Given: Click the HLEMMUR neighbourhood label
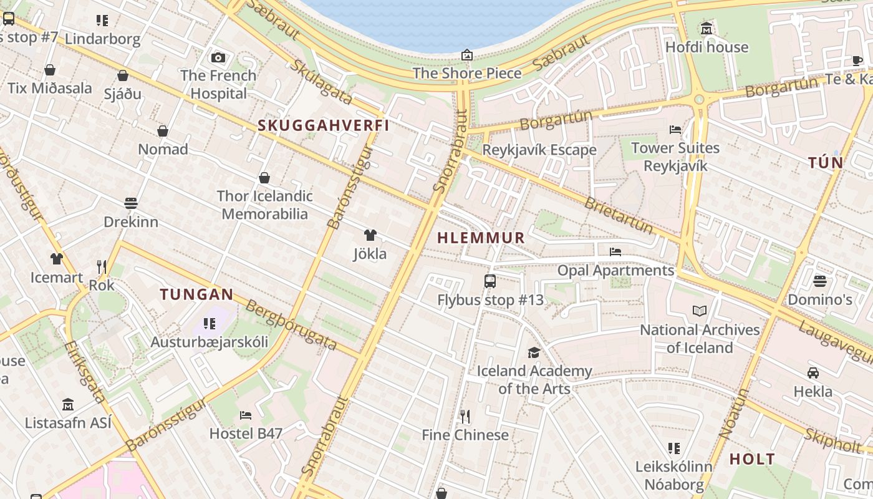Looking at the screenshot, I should pos(481,238).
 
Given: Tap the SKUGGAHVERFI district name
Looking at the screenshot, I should pos(324,125).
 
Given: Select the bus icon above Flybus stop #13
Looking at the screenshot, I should pos(490,281).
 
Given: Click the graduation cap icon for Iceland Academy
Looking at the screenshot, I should pos(534,353).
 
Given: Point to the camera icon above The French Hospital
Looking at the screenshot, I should pos(218,58).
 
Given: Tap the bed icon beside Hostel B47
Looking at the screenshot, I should pos(246,415).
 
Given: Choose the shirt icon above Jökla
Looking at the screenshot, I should pos(370,235).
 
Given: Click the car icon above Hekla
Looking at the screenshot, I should pos(813,373).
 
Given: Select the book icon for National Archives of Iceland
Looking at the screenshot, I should pos(700,311).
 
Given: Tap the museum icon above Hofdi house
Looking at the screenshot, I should pos(707,29).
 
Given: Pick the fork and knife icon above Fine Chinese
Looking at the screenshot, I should pos(465,416).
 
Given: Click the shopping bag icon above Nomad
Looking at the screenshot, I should pos(163,131).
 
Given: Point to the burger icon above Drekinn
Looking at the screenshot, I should pos(131,203).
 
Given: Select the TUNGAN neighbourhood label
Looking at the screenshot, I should pos(196,294).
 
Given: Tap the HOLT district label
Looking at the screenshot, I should pos(752,460).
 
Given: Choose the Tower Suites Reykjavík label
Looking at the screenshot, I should pos(675,157).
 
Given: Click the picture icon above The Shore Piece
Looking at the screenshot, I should pos(467,56).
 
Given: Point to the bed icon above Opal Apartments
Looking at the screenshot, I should pos(615,252).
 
